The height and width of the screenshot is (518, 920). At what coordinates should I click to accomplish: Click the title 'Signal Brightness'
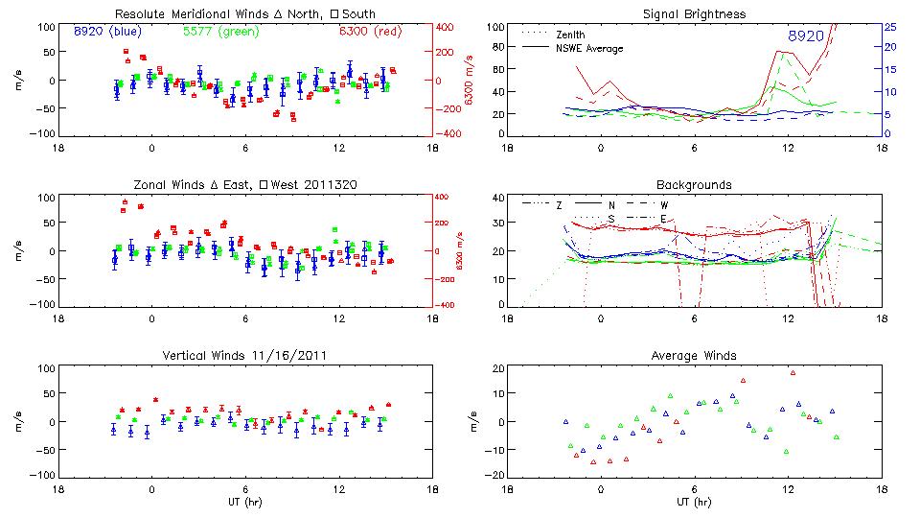(693, 14)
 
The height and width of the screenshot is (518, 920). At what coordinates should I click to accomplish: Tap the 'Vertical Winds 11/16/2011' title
(245, 356)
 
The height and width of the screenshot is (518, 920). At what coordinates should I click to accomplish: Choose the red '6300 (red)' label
(370, 32)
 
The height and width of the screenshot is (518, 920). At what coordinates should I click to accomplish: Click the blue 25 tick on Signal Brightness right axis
(889, 27)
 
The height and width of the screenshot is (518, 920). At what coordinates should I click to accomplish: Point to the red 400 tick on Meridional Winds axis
(448, 27)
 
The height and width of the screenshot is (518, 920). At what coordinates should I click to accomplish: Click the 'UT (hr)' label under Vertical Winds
(245, 503)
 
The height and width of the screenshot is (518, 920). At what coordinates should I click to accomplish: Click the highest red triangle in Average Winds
(793, 372)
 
